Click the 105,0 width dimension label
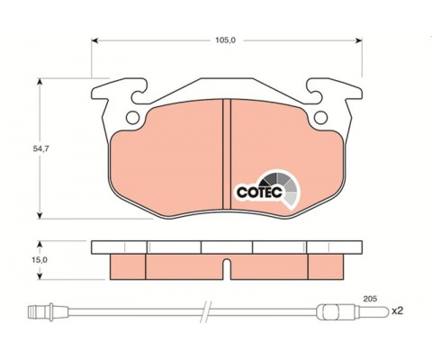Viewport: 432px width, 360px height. tap(226, 40)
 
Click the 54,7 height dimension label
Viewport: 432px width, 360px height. tap(40, 148)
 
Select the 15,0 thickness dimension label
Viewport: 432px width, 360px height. tap(40, 260)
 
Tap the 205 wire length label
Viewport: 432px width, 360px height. tap(370, 299)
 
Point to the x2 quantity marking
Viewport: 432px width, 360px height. tap(397, 311)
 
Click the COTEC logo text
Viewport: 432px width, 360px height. tap(259, 193)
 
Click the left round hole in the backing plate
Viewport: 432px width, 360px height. tap(132, 117)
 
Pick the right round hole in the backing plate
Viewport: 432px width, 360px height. tap(320, 117)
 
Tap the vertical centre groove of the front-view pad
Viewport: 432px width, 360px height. tap(227, 154)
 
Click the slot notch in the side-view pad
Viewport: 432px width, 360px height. tap(227, 269)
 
